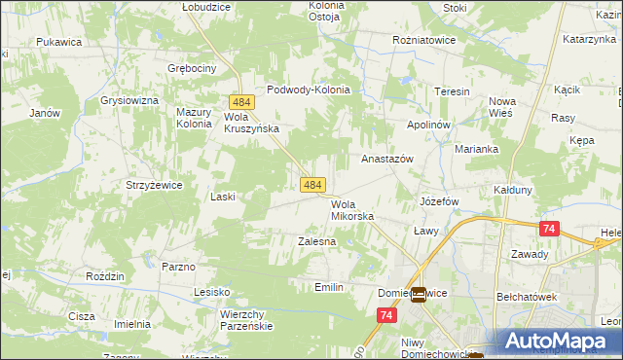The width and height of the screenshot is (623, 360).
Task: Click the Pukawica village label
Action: [58, 42]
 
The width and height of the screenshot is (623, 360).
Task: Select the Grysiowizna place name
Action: [128, 100]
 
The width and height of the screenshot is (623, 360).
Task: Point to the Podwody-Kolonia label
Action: [308, 89]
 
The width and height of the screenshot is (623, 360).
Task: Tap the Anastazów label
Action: [387, 158]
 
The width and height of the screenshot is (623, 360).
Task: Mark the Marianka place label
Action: [477, 149]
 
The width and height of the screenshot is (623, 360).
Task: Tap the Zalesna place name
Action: [316, 240]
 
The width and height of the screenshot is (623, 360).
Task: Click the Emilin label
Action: [330, 287]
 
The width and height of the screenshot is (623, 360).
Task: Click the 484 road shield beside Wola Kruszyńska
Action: [241, 102]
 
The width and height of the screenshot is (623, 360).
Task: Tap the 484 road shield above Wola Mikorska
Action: [311, 184]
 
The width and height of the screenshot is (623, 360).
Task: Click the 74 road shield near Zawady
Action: [550, 228]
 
